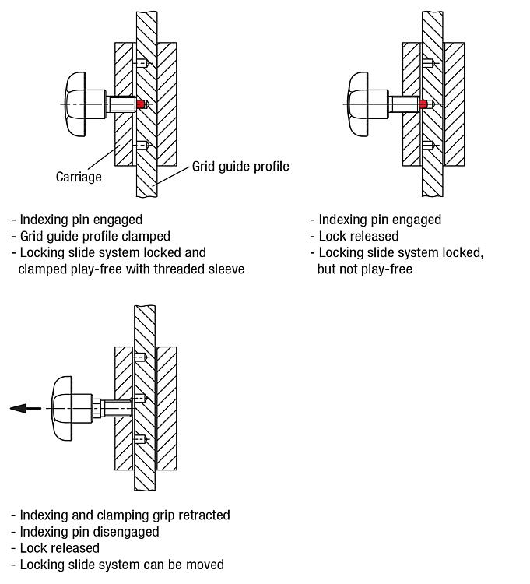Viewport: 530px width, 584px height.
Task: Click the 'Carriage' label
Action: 79,177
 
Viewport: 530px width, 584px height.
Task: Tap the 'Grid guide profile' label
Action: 240,166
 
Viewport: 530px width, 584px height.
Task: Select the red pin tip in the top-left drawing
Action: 141,104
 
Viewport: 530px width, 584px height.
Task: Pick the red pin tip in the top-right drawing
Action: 423,104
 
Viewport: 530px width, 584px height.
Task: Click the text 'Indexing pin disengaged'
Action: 90,531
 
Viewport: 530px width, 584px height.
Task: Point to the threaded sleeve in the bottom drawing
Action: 113,406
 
